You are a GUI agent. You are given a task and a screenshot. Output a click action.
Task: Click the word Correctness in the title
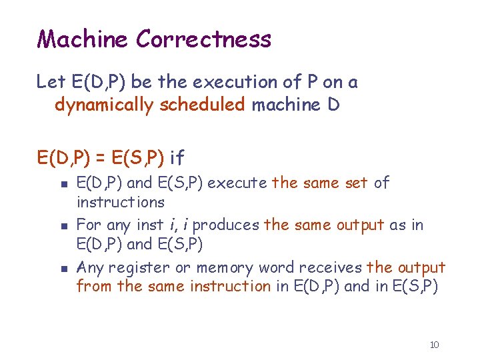203,39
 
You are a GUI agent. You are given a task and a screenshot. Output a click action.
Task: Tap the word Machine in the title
83,39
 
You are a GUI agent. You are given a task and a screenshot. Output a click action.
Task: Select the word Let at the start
51,82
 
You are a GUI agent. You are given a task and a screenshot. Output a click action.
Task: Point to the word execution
227,82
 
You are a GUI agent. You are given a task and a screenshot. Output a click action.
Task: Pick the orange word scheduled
202,105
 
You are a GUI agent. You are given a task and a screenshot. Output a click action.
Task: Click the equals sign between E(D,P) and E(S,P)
97,158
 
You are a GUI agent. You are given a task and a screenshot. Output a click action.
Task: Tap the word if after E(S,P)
177,158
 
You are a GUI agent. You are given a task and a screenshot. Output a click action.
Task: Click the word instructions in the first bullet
120,201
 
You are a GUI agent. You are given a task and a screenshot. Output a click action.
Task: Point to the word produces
225,225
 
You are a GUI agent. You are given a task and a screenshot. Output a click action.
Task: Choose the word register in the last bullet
138,268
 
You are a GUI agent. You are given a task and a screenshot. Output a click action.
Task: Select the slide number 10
434,345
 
